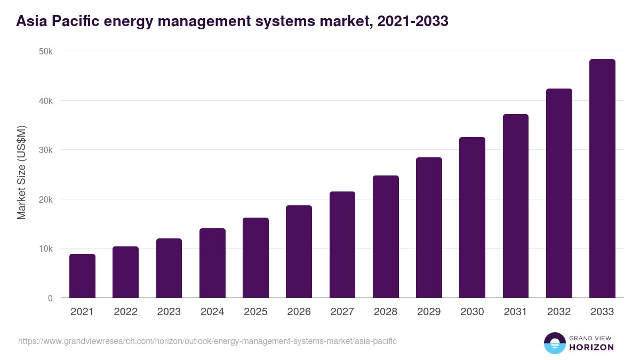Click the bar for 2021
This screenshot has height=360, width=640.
tap(82, 276)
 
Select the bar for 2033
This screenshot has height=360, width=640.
tap(602, 179)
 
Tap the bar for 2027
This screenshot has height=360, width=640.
tap(342, 245)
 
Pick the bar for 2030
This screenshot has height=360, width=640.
tap(472, 218)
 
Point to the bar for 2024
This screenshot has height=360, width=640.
tap(212, 263)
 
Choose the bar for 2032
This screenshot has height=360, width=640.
tap(559, 193)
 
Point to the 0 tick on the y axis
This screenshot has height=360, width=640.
tap(50, 298)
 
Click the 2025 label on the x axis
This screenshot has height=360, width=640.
tap(255, 312)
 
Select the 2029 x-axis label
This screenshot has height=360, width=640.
tap(429, 312)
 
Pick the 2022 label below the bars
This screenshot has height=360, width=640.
tap(125, 312)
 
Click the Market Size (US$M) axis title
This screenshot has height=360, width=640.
tap(21, 172)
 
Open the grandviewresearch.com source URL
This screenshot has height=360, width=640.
tap(207, 341)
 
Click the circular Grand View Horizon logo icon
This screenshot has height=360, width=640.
tap(554, 343)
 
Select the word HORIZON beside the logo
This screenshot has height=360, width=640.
tap(591, 347)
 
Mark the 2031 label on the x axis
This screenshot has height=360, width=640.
tap(515, 312)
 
